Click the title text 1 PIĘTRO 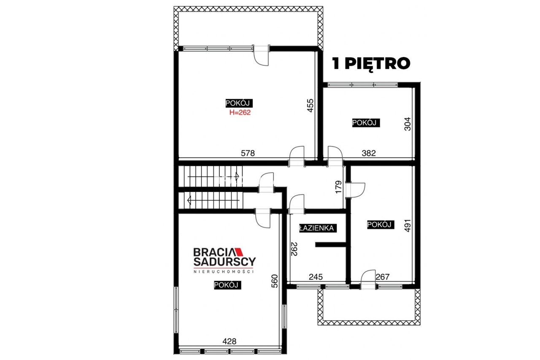371,64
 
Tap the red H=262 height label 240,112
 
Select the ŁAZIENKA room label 318,228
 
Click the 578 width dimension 248,153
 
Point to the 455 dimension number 310,106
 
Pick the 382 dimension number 369,153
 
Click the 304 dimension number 407,124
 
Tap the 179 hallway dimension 338,187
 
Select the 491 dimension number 407,225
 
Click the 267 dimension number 383,276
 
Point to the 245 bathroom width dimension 316,277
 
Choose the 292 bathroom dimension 294,249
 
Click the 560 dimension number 274,281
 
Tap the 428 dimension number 229,341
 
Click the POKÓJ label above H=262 239,103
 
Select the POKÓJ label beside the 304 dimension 366,123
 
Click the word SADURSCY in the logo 224,261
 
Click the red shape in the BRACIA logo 239,252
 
